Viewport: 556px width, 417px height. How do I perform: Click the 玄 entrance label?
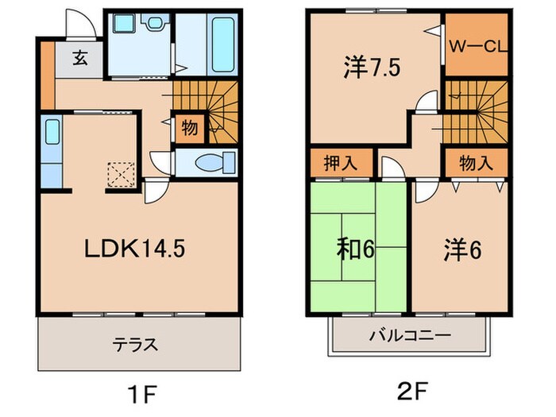tap(81, 57)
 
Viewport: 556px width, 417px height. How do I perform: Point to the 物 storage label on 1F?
tap(190, 126)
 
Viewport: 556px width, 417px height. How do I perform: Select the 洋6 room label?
tap(461, 249)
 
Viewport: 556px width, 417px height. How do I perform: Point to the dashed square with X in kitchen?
tap(122, 173)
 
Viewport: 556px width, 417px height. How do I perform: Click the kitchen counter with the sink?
tap(51, 152)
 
